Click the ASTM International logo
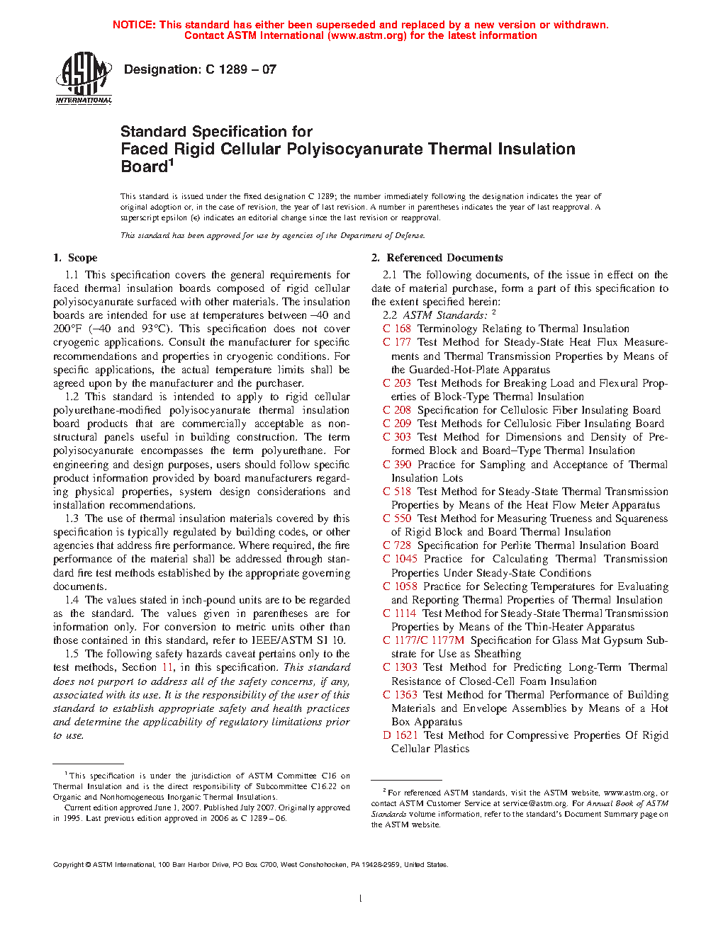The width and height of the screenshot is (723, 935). [x=84, y=78]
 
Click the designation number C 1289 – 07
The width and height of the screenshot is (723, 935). [x=240, y=69]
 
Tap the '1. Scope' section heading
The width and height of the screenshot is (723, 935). [x=75, y=258]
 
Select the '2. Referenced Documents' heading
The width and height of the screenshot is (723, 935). [x=437, y=258]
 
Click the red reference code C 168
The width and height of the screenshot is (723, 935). [x=397, y=329]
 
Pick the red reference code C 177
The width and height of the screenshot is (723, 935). [x=397, y=342]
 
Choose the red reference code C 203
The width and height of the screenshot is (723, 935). [x=397, y=383]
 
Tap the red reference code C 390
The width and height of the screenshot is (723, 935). [x=397, y=465]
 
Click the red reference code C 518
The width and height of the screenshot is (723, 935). [x=397, y=492]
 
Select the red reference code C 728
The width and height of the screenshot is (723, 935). [x=397, y=545]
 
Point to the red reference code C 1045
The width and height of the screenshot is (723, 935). [x=400, y=559]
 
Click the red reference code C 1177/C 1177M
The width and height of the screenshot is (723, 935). [x=423, y=640]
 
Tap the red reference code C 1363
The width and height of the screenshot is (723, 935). [x=400, y=695]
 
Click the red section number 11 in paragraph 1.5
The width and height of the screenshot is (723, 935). [x=167, y=667]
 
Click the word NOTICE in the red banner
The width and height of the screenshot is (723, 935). [x=134, y=25]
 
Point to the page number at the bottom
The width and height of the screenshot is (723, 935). [x=361, y=899]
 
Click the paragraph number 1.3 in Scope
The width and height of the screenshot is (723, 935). [x=72, y=518]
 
